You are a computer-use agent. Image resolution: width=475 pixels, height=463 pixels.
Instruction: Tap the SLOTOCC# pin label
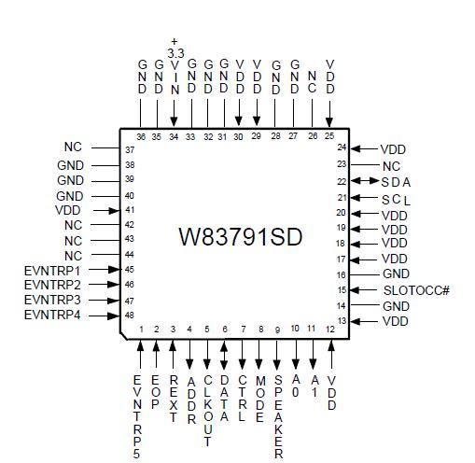coord(415,290)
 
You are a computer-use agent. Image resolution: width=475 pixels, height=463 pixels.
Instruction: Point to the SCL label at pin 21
coord(396,199)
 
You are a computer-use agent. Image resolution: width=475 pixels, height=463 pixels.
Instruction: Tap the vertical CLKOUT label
coord(207,410)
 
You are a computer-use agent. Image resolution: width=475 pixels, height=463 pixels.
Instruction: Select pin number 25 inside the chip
coord(329,137)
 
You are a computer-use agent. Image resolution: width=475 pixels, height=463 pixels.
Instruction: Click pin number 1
coord(140,330)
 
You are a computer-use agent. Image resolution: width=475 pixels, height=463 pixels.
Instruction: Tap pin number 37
coord(130,149)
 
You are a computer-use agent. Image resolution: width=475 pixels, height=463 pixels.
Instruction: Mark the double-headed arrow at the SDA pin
coord(364,181)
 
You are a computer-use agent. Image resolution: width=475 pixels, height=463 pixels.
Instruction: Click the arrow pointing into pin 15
coord(364,290)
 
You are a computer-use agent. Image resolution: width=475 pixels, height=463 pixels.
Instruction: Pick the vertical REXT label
coord(173,399)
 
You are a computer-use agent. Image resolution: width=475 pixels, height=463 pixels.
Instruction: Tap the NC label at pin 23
coord(391,164)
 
